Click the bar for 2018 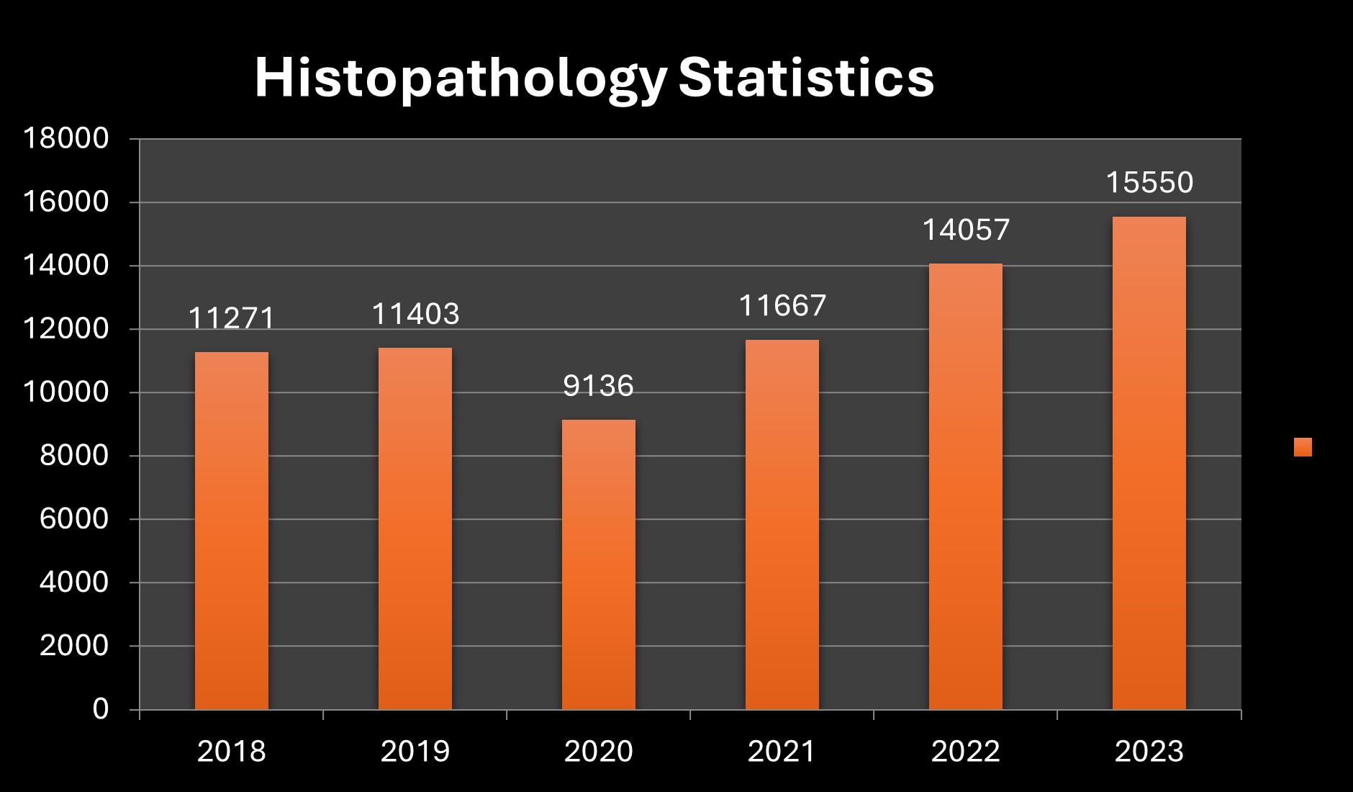coord(231,531)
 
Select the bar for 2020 coord(598,564)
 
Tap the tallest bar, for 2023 coord(1149,463)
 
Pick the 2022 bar coord(965,487)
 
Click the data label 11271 coord(231,318)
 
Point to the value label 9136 coord(598,386)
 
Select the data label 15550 coord(1149,182)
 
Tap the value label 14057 coord(965,230)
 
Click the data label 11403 coord(415,314)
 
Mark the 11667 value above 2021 coord(782,305)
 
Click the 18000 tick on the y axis coord(65,138)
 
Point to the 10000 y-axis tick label coord(65,392)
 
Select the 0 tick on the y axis coord(100,709)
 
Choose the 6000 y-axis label coord(73,519)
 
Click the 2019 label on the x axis coord(415,752)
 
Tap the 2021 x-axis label coord(782,752)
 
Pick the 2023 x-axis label coord(1149,752)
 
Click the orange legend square coord(1302,447)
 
